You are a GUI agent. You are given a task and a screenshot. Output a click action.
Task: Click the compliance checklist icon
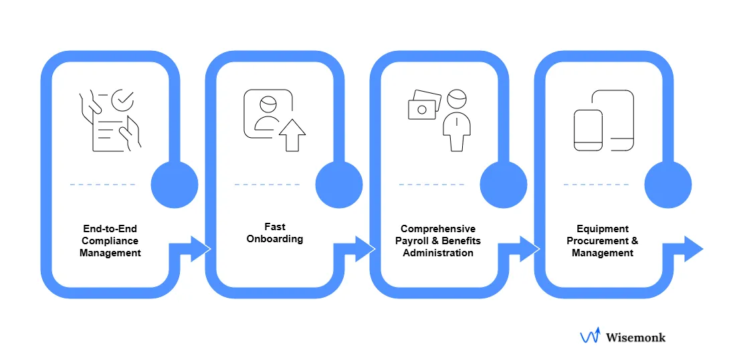110,121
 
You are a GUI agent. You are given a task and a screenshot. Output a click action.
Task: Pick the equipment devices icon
603,120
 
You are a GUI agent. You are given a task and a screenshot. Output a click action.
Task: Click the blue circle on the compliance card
175,184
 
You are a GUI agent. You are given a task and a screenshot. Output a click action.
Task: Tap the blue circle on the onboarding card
338,184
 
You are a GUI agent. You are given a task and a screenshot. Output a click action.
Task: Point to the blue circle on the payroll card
503,184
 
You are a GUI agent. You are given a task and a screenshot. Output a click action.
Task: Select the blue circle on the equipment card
667,184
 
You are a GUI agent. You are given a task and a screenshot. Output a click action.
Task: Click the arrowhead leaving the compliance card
200,249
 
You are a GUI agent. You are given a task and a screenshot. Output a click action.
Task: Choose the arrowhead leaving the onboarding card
364,249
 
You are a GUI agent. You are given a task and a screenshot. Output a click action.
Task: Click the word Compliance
110,241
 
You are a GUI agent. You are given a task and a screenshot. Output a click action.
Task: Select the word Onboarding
275,239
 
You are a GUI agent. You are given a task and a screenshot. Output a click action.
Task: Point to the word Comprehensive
438,229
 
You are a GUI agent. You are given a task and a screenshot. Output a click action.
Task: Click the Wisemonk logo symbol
589,337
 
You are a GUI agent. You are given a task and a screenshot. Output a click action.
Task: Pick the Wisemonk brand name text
635,337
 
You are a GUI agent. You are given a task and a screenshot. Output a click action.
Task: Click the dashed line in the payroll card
431,184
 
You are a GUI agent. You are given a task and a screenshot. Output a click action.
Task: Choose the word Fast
275,227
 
